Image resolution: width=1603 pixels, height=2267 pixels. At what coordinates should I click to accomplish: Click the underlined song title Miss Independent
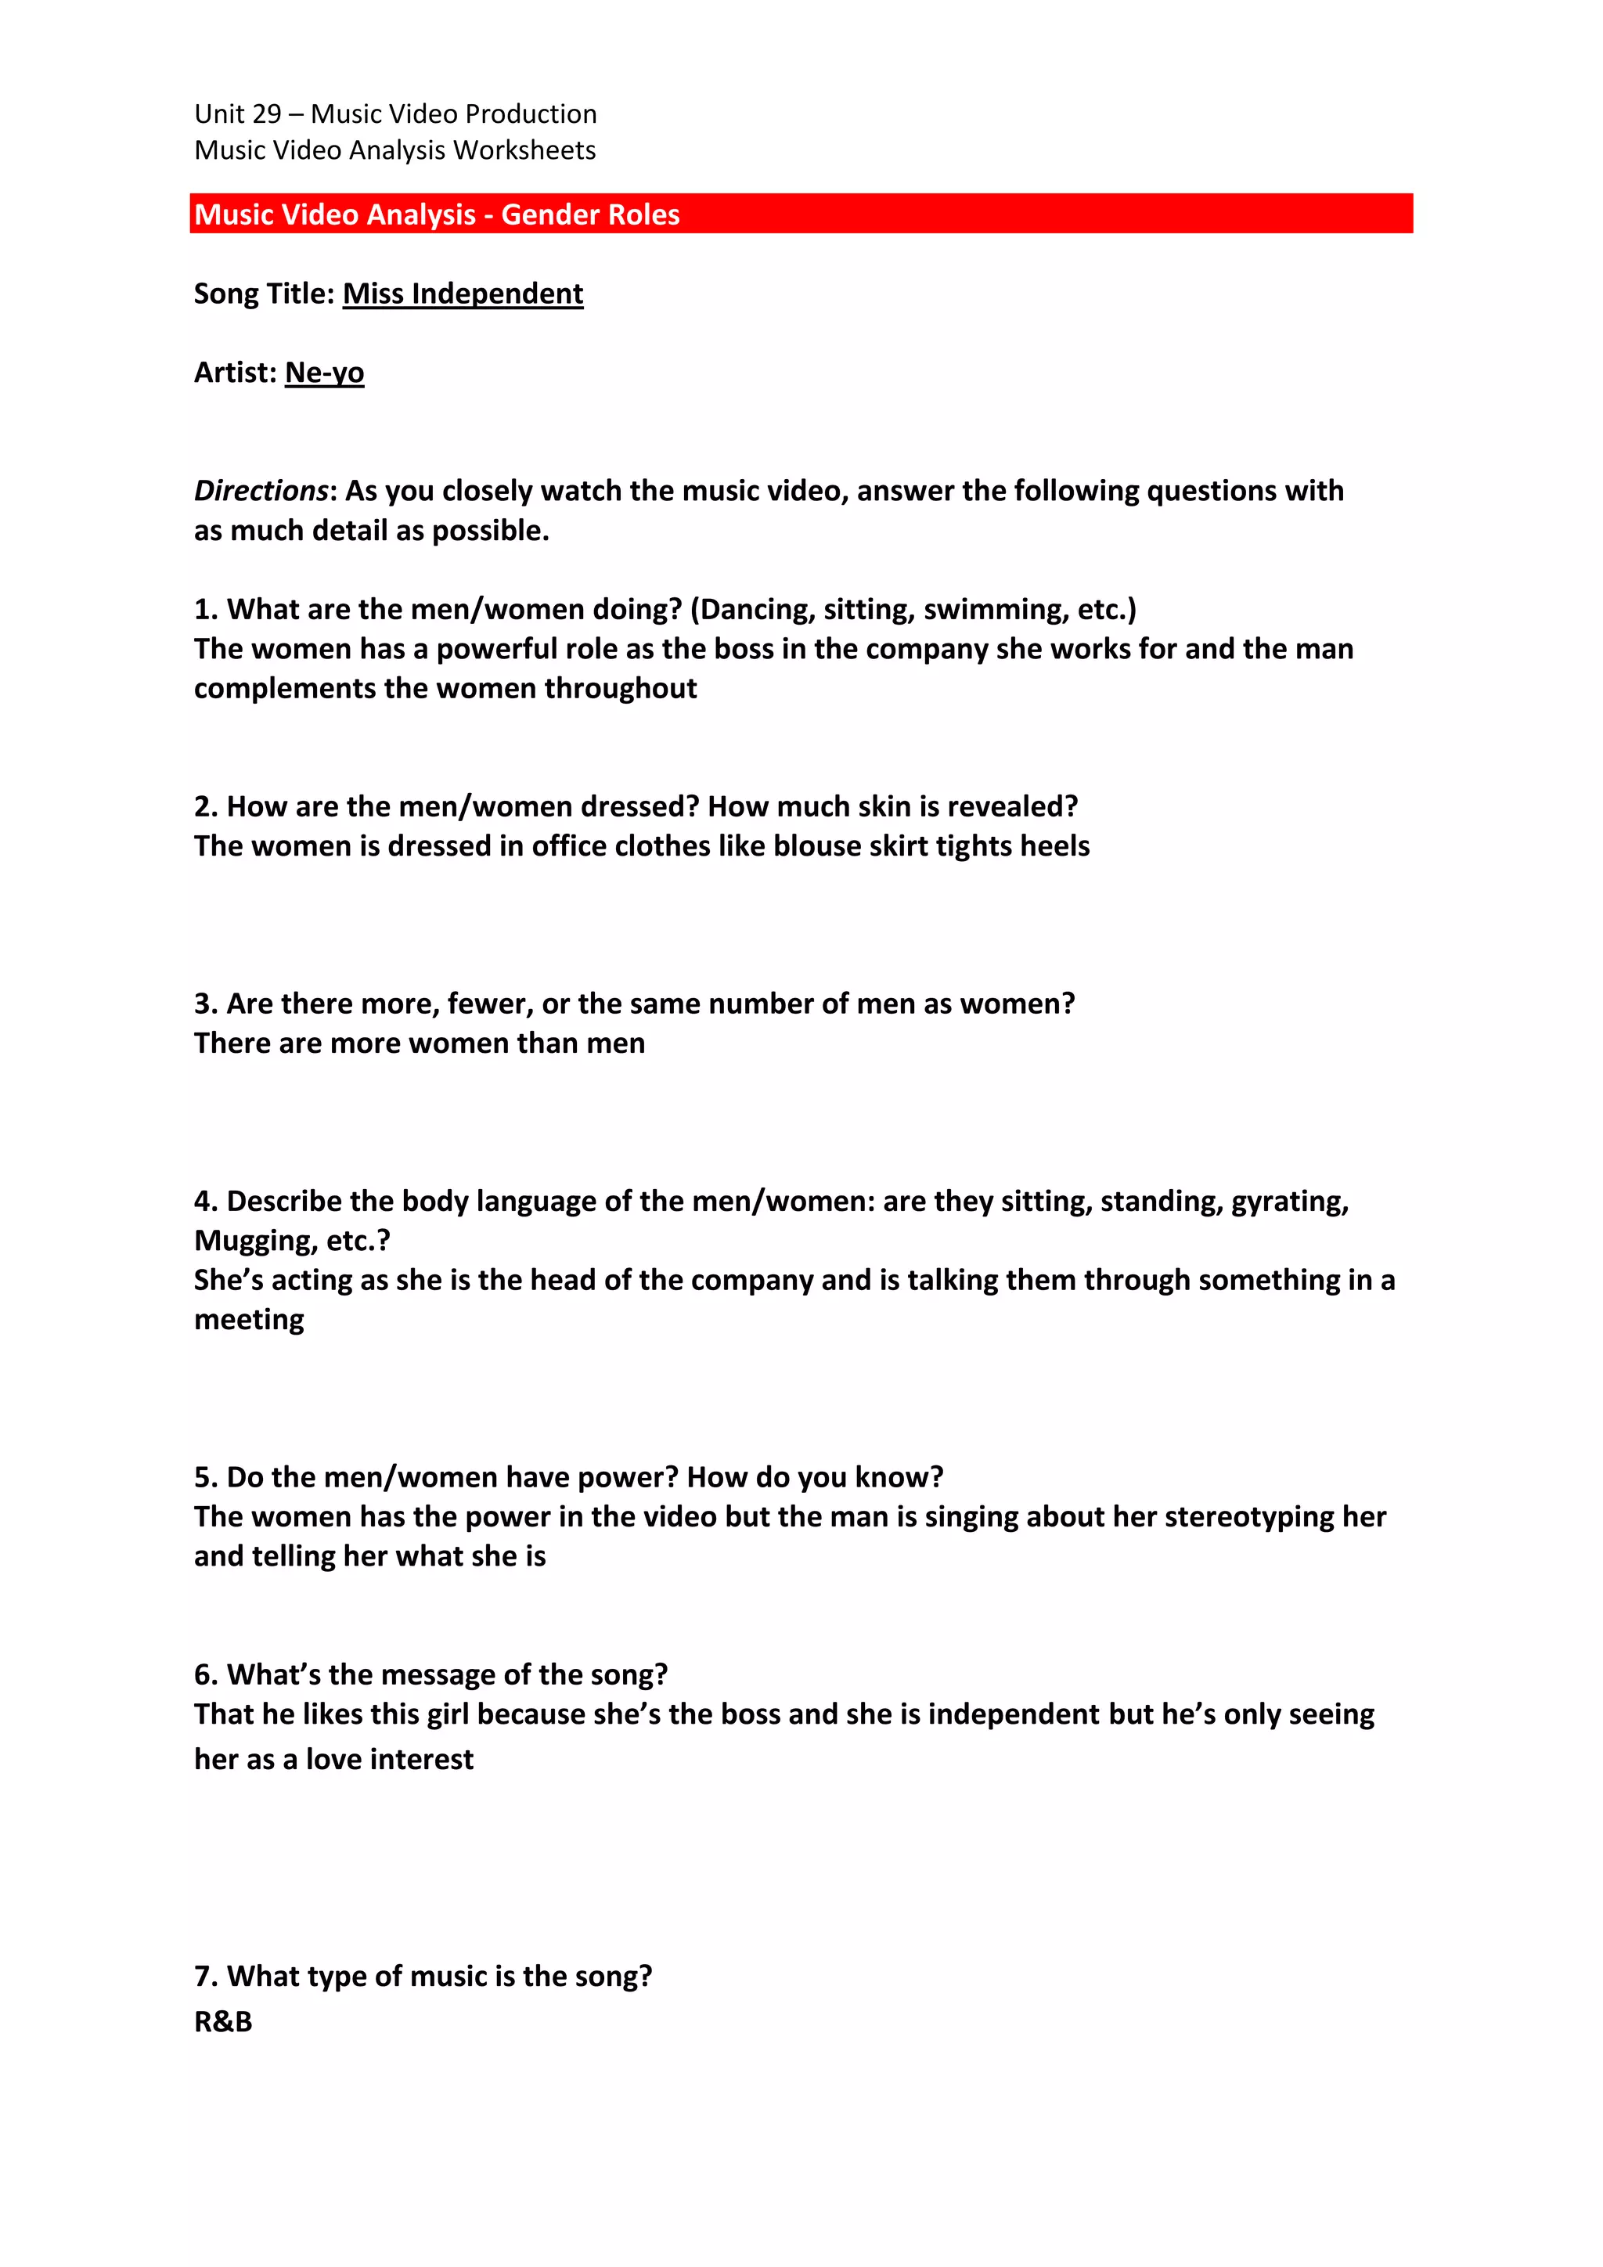(x=463, y=294)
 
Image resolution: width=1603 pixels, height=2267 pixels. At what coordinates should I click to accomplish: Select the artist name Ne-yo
(x=324, y=373)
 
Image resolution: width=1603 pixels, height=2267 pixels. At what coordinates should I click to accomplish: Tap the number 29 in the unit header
(x=266, y=114)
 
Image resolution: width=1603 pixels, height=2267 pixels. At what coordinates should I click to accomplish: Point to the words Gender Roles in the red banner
(x=590, y=215)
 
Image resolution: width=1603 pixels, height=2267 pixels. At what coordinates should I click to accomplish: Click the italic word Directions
(x=261, y=491)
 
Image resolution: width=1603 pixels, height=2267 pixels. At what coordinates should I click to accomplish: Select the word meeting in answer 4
(x=249, y=1320)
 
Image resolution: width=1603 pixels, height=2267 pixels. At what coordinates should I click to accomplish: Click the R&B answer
(x=223, y=2022)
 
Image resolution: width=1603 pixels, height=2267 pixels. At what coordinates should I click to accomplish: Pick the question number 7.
(x=204, y=1977)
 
